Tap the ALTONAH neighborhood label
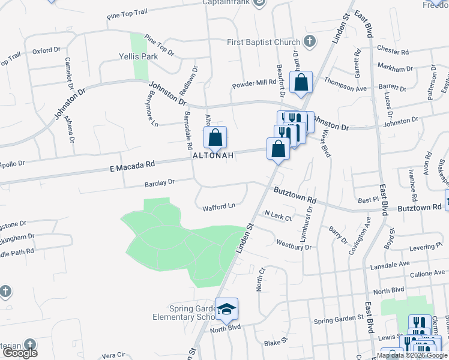(x=212, y=155)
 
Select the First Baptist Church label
(x=264, y=42)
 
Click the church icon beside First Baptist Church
(x=309, y=41)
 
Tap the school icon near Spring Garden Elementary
(x=227, y=309)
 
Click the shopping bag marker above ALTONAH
(x=215, y=138)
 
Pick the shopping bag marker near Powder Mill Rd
(x=301, y=82)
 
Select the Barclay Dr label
(x=159, y=182)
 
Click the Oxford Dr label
(x=47, y=51)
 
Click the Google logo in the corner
(x=19, y=353)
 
